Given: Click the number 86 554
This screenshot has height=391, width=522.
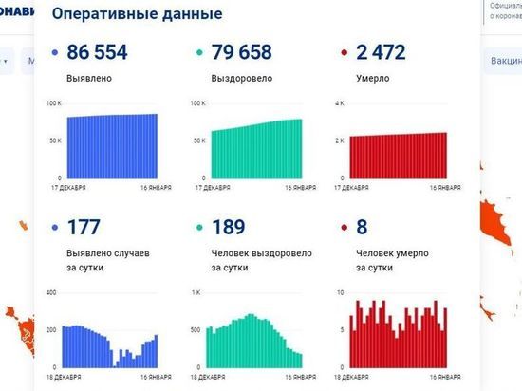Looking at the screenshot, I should (110, 54).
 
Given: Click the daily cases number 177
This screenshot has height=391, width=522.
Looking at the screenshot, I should (86, 228).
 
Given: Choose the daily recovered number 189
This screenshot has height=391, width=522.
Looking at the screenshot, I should (229, 228).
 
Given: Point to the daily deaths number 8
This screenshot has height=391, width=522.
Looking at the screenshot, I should (362, 228).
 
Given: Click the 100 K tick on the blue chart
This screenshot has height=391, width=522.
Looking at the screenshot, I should (54, 102).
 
